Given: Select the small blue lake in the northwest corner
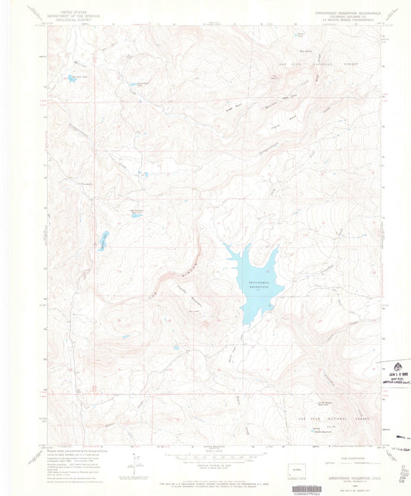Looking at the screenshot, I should coord(73,78).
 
